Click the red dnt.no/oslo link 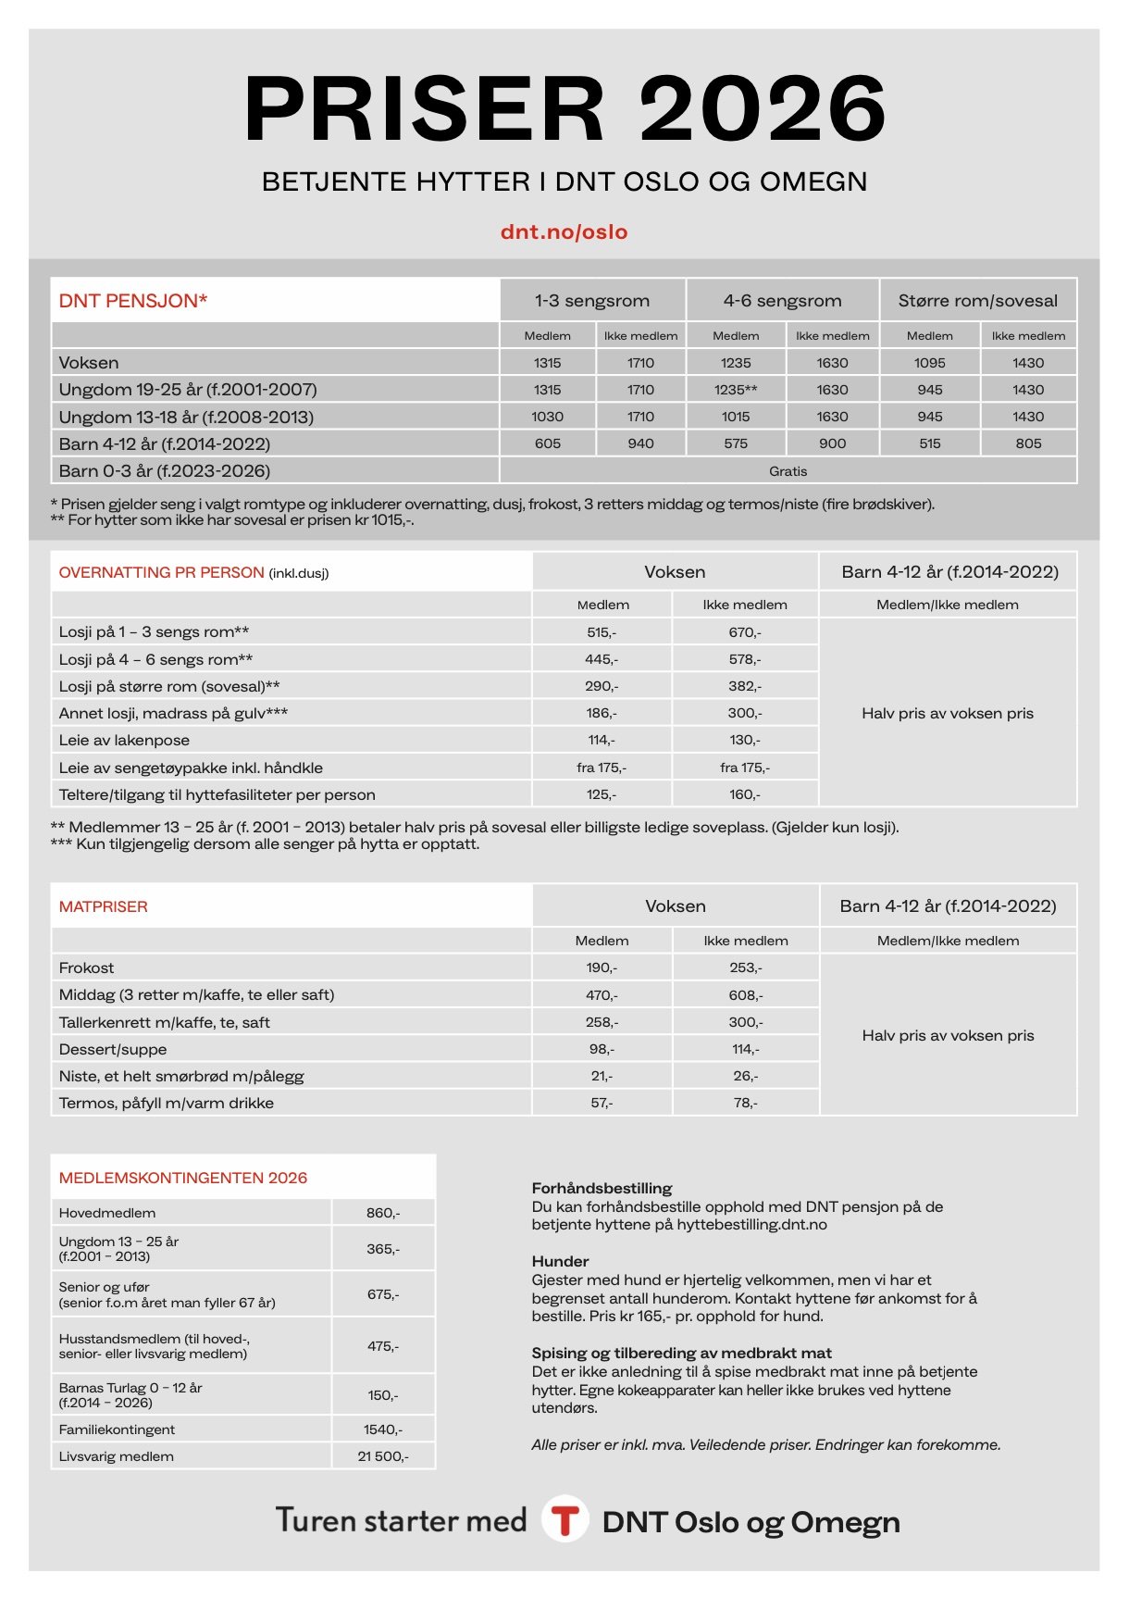[564, 231]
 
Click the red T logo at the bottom [564, 1520]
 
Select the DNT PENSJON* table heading [133, 301]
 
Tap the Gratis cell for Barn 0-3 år [788, 471]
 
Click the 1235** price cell [736, 390]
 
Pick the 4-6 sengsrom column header [782, 301]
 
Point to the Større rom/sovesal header [977, 301]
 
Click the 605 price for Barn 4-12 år [548, 443]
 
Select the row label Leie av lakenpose [124, 741]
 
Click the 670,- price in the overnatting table [744, 632]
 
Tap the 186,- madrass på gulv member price [602, 713]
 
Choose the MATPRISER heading [104, 906]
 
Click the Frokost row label [87, 968]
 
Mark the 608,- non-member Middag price [745, 995]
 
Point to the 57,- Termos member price [602, 1103]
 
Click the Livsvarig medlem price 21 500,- [383, 1456]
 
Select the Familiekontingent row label [117, 1429]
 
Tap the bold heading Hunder [560, 1261]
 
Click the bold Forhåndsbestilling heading [602, 1188]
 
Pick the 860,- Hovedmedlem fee [383, 1213]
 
